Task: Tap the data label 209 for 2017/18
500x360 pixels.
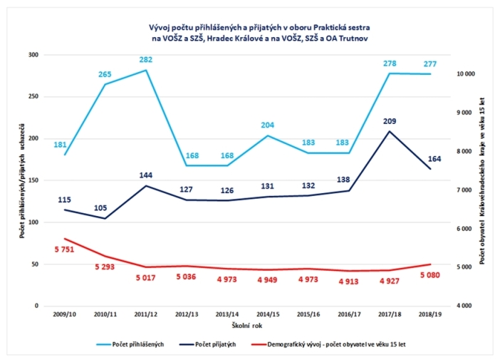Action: [x=389, y=122]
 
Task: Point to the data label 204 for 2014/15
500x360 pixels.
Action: [x=267, y=125]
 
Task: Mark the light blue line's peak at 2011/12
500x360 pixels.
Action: [x=146, y=70]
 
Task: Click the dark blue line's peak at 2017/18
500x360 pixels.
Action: [x=389, y=131]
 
